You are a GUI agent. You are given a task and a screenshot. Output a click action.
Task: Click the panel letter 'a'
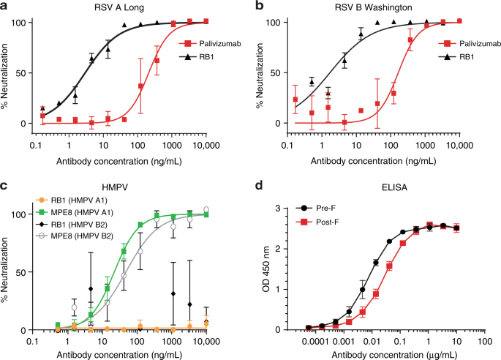(x=5, y=6)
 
